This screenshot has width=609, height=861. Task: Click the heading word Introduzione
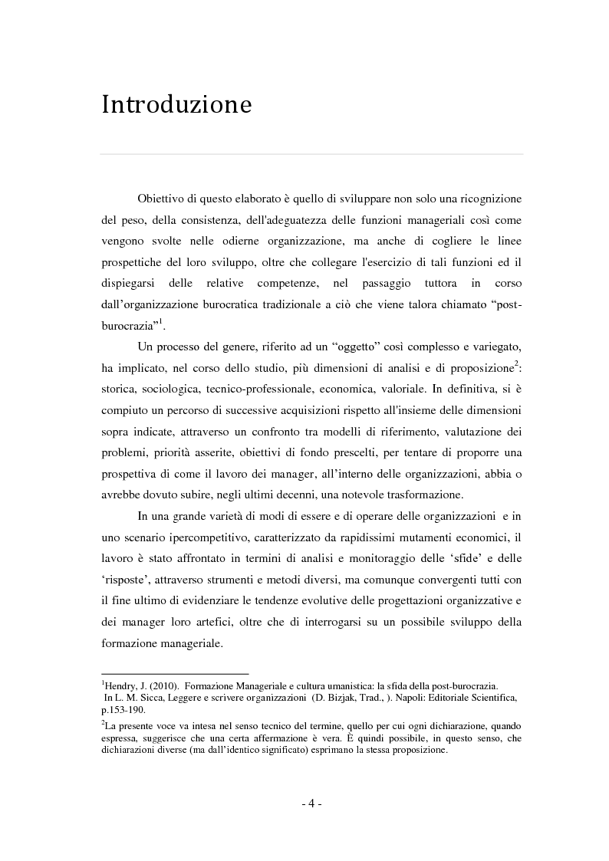tap(176, 105)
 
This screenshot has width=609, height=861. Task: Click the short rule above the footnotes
tap(175, 673)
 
